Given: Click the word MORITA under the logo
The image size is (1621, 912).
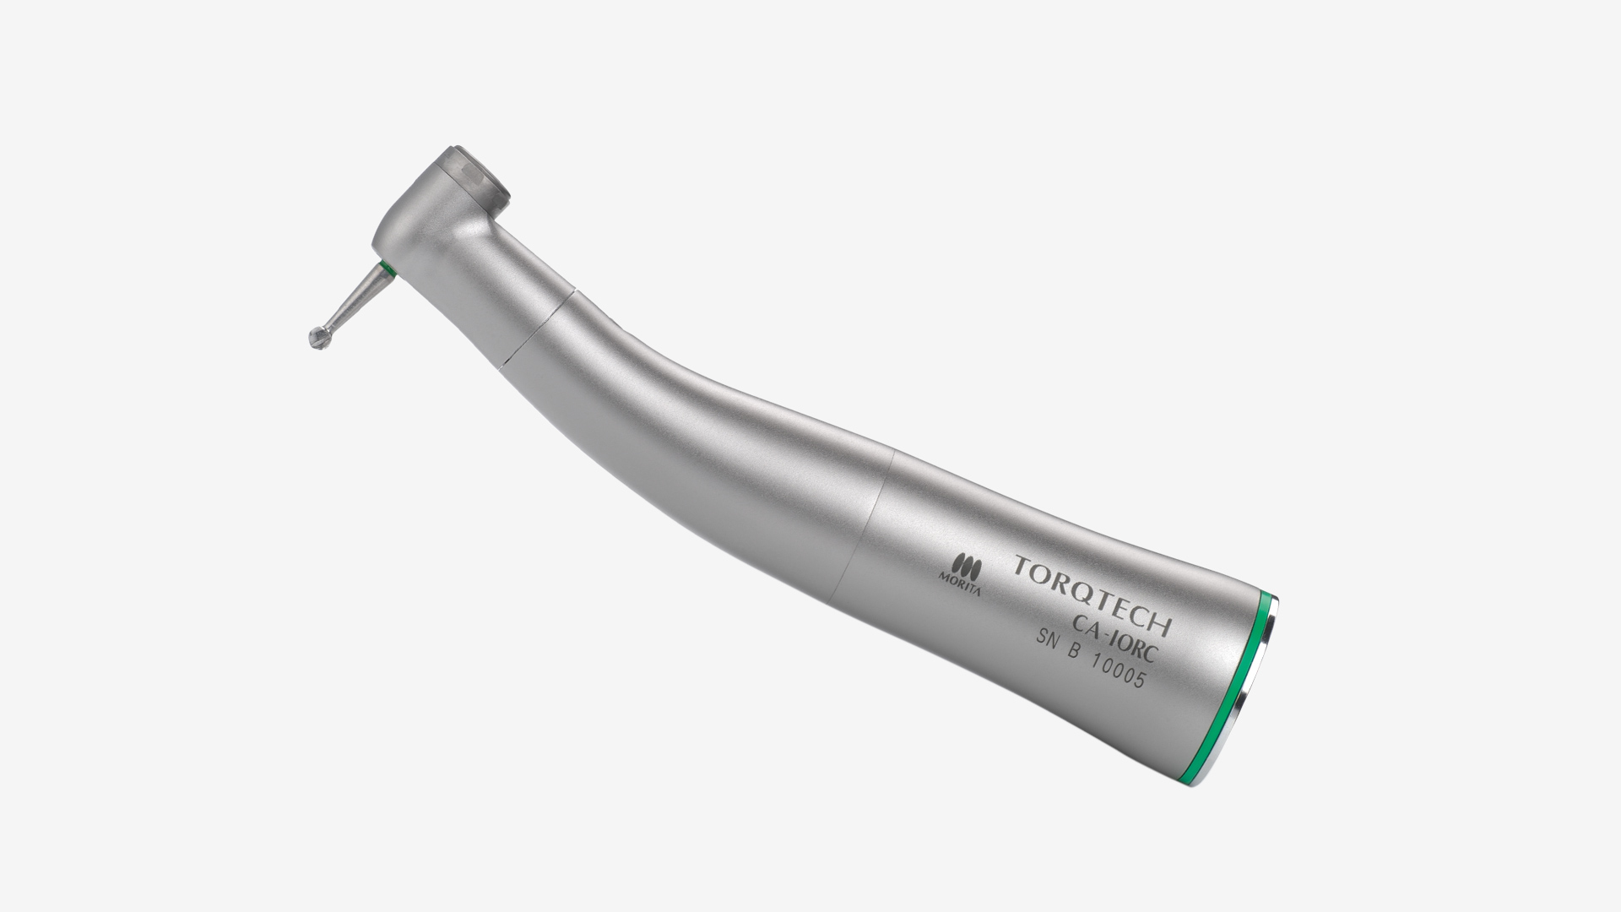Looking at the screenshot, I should click(959, 582).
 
